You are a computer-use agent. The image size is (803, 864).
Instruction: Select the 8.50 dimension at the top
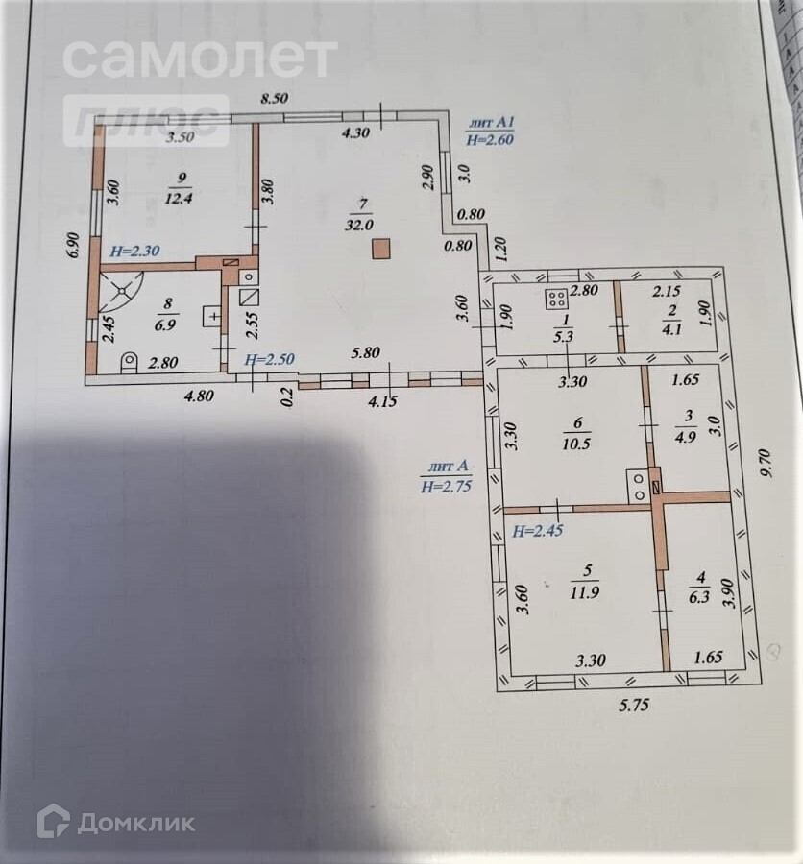[x=277, y=98]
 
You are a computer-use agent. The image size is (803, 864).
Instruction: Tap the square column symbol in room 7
[x=382, y=250]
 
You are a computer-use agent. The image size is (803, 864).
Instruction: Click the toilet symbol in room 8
[x=128, y=361]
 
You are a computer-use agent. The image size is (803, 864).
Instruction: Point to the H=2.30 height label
[x=134, y=252]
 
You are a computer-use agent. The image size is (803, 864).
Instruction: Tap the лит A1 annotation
[x=492, y=123]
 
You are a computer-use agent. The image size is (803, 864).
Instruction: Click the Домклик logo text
[x=135, y=823]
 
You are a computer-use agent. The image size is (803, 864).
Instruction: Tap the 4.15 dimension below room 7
[x=384, y=403]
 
